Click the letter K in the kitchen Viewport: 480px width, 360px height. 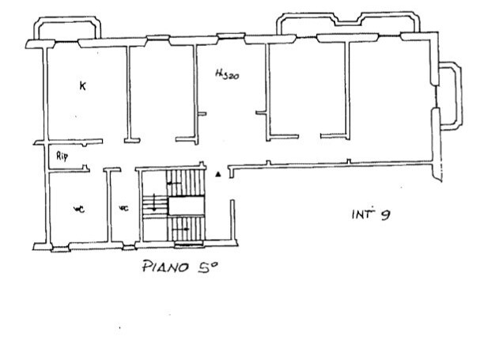tap(82, 85)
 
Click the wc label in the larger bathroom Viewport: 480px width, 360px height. tap(78, 209)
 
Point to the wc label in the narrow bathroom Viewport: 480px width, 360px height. tap(123, 209)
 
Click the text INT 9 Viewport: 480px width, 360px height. tap(369, 214)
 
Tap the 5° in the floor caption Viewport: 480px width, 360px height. tap(207, 267)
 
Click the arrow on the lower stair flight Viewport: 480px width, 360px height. tap(183, 229)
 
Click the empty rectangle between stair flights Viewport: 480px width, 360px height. tap(186, 205)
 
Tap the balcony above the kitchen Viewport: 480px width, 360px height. tap(66, 28)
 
